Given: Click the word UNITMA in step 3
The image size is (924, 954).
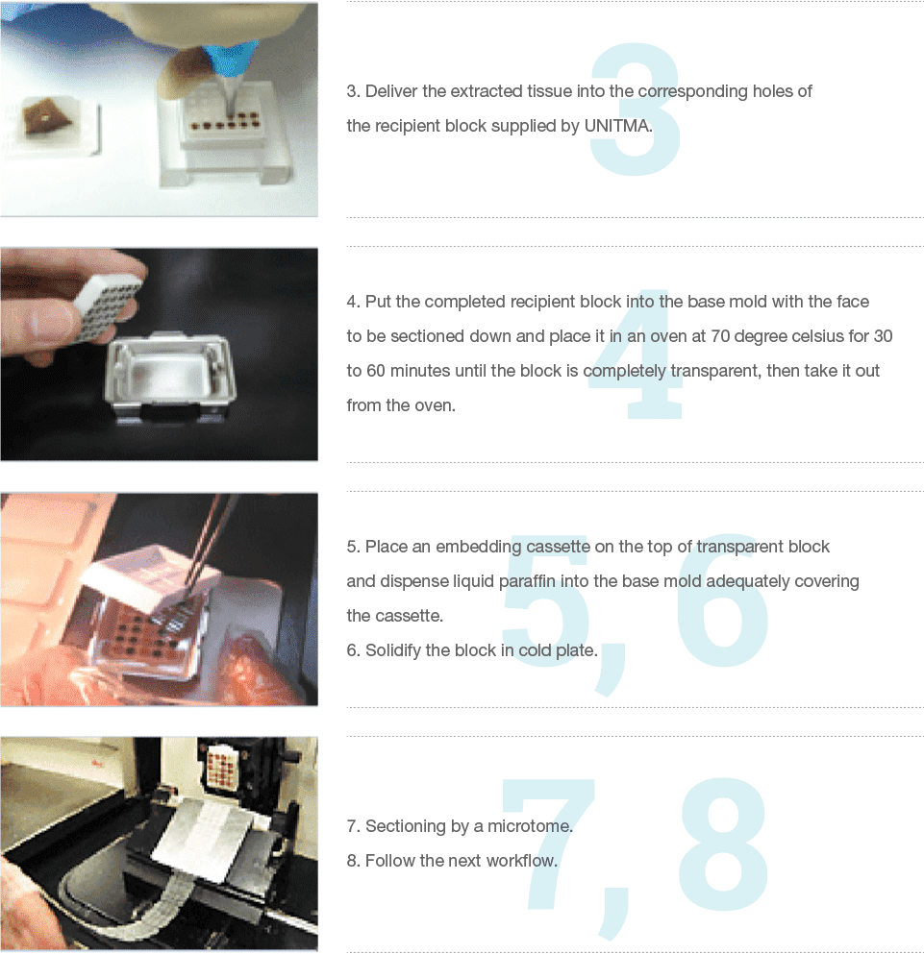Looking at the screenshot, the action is tap(617, 126).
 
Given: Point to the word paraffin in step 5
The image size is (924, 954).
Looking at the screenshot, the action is tap(527, 581).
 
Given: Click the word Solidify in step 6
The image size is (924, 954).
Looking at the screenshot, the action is tap(393, 651).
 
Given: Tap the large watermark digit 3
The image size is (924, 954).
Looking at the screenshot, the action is tap(636, 109).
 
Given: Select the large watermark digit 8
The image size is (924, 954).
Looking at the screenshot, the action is tap(723, 844).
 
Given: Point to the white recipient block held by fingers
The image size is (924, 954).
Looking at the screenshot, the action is tap(107, 306).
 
